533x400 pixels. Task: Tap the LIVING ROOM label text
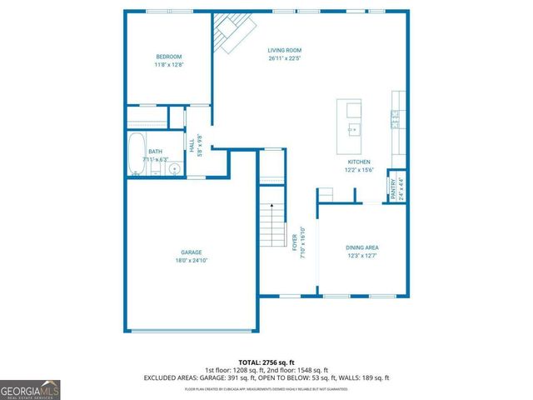pyautogui.click(x=286, y=50)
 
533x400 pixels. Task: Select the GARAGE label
pyautogui.click(x=192, y=252)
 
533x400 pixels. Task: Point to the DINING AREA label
pyautogui.click(x=362, y=247)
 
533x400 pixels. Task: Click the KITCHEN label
pyautogui.click(x=359, y=162)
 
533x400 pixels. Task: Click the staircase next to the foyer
pyautogui.click(x=268, y=218)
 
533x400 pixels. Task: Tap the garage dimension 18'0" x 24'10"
pyautogui.click(x=192, y=261)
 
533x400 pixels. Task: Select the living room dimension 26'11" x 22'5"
pyautogui.click(x=286, y=59)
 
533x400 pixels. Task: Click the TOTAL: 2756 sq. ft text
pyautogui.click(x=266, y=361)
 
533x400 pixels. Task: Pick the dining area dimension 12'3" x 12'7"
pyautogui.click(x=362, y=257)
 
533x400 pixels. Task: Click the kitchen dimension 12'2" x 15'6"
pyautogui.click(x=359, y=171)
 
